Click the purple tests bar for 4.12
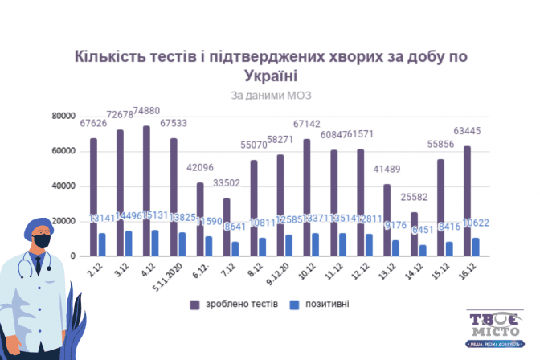click(x=146, y=191)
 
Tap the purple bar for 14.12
click(x=415, y=234)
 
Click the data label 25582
click(x=415, y=198)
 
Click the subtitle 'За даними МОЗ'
click(x=270, y=95)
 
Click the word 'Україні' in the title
click(x=270, y=76)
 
